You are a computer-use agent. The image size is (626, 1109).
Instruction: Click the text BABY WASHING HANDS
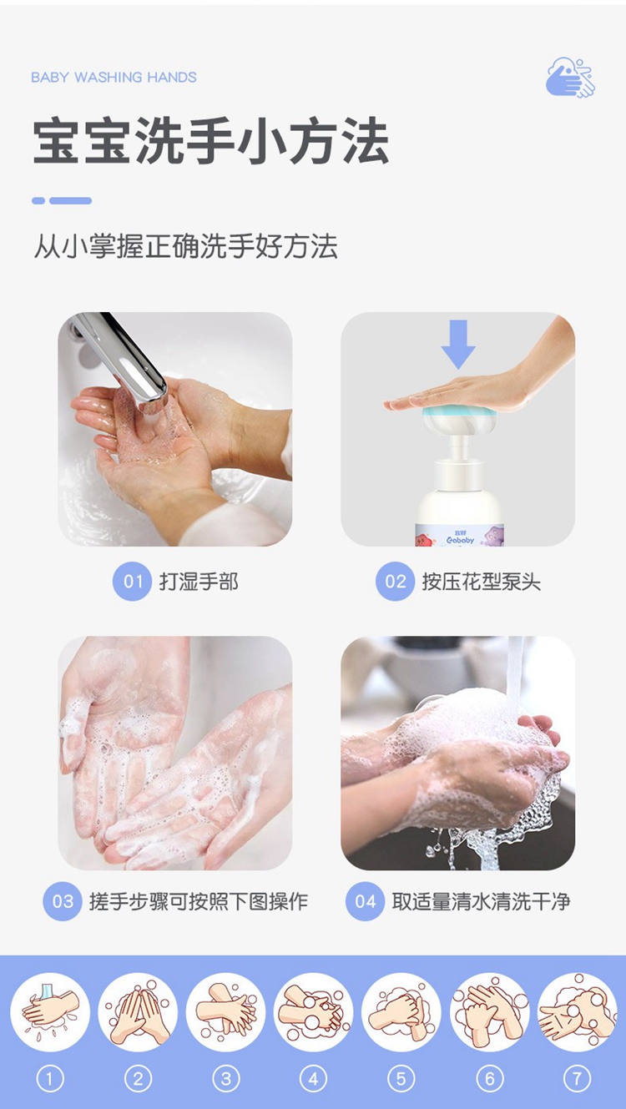click(114, 78)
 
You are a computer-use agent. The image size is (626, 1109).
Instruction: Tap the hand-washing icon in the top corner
click(571, 78)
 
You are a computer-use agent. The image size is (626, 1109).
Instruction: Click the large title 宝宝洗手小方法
click(210, 140)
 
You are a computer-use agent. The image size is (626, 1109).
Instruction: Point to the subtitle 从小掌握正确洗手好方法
click(186, 246)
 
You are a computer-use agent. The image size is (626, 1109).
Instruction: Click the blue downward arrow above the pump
click(458, 344)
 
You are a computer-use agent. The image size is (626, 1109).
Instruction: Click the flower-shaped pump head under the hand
click(457, 421)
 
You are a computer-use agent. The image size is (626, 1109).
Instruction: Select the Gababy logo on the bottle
click(460, 539)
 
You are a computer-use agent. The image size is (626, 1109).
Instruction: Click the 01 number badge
click(132, 582)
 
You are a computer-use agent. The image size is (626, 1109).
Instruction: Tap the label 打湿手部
click(199, 582)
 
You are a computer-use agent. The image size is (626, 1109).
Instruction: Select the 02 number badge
click(395, 582)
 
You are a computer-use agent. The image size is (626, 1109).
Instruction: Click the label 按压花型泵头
click(481, 582)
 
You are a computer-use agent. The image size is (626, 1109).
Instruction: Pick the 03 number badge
click(63, 901)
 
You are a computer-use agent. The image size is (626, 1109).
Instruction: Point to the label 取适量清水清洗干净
click(481, 901)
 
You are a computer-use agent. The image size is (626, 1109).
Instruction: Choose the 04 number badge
click(365, 901)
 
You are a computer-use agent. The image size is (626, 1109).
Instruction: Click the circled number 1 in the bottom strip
click(50, 1078)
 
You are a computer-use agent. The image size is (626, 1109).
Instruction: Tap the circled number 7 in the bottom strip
click(577, 1078)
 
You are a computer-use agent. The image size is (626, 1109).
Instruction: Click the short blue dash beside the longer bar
click(38, 200)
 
